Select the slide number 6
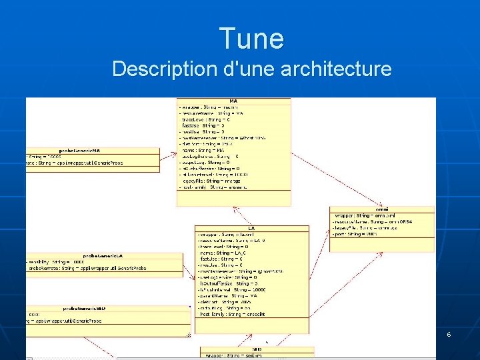[449, 333]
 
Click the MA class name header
[233, 101]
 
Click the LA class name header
[251, 228]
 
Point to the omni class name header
[382, 210]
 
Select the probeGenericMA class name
[79, 151]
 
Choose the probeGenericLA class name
[103, 255]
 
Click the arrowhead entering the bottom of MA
[234, 209]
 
